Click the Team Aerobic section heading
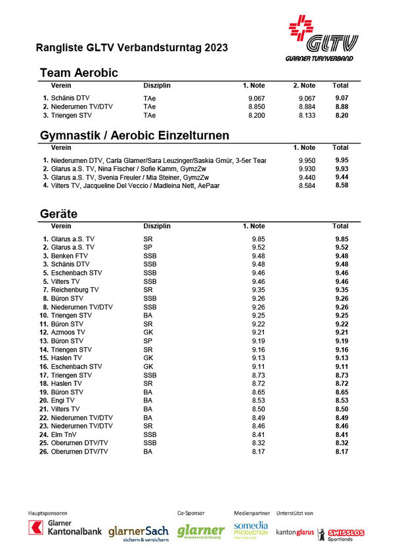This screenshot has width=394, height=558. (79, 73)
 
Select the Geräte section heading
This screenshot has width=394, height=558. (58, 214)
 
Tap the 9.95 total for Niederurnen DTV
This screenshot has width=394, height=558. (341, 160)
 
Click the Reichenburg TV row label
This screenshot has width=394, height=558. (75, 289)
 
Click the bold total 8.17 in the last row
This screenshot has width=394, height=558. (341, 452)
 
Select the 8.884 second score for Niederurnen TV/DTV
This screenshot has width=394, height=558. (305, 106)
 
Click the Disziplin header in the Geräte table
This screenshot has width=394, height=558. (157, 226)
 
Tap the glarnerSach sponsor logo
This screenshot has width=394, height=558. (139, 531)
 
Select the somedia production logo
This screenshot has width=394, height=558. (252, 529)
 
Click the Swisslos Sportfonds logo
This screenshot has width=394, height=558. (341, 534)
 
